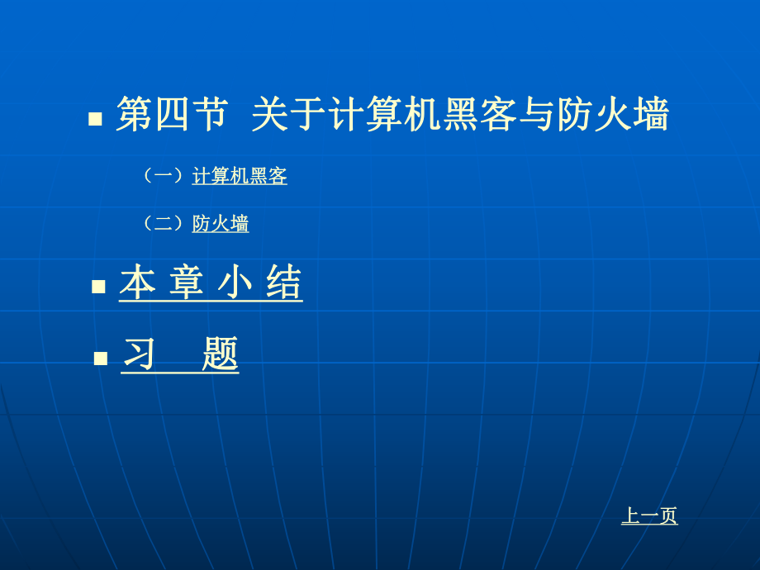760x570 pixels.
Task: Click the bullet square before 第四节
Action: (95, 119)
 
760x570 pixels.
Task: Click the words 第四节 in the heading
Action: (171, 114)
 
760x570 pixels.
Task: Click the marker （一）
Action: (163, 176)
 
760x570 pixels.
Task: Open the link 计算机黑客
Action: (240, 176)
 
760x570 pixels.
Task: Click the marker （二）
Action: (163, 224)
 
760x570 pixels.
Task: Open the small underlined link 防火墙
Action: (221, 224)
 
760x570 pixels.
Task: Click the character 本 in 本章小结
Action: (137, 283)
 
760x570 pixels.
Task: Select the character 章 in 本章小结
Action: (186, 283)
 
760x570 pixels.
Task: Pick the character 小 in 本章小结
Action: (235, 283)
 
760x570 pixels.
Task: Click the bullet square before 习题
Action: (101, 359)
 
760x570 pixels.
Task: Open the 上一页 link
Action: (649, 516)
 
